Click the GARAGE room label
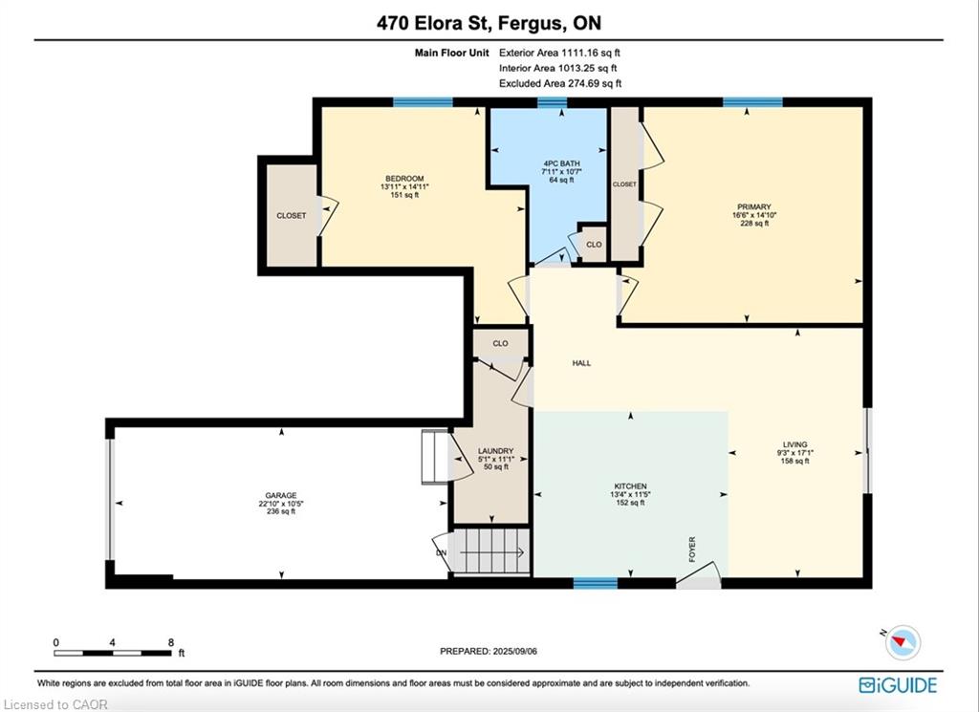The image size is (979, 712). [x=281, y=495]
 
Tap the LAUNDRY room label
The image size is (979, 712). [x=496, y=451]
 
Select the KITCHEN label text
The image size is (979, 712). [x=631, y=486]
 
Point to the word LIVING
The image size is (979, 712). [x=794, y=445]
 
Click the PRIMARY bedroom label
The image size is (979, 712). [x=754, y=206]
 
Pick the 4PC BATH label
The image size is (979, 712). [x=561, y=163]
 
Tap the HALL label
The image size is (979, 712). [x=581, y=362]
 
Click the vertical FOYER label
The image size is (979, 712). [x=692, y=550]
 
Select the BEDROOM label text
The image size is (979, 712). [x=404, y=179]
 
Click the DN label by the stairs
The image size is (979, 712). [x=442, y=553]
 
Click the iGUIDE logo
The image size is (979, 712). [x=898, y=685]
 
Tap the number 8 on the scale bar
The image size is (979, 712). [x=171, y=642]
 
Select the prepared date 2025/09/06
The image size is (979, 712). [x=515, y=651]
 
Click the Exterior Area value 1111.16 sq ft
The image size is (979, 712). [x=591, y=53]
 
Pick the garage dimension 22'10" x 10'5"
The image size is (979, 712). [x=281, y=504]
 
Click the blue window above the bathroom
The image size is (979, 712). [x=552, y=102]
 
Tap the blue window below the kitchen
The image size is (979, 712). [x=595, y=583]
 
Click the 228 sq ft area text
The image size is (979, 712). [x=754, y=223]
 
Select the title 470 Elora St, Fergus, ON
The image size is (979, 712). [x=489, y=23]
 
